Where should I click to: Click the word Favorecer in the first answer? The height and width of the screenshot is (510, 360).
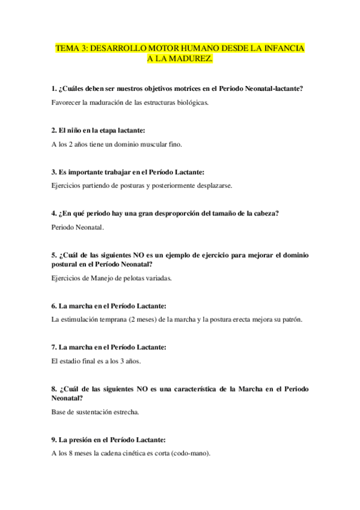pos(67,103)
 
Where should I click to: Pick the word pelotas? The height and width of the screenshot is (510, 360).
pos(131,278)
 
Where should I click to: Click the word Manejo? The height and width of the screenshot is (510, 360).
pos(101,278)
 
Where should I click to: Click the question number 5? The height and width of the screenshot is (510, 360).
pos(54,255)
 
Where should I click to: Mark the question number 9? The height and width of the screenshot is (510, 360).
pos(54,440)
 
